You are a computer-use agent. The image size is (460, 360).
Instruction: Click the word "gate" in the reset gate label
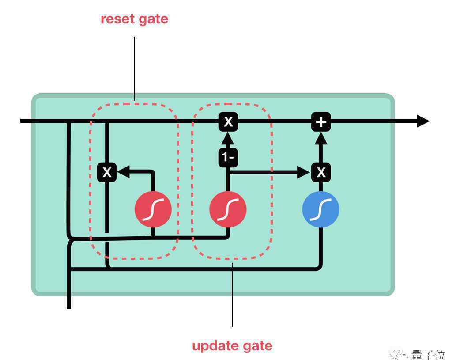tap(154, 20)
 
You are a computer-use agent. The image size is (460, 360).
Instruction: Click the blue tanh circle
tap(320, 209)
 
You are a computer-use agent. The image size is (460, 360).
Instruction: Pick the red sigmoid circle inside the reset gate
tap(153, 209)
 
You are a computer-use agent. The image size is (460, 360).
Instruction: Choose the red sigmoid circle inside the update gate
tap(228, 209)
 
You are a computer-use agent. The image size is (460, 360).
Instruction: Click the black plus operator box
tap(321, 121)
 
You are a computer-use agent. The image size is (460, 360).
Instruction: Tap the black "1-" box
tap(228, 157)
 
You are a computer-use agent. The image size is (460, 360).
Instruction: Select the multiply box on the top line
tap(228, 121)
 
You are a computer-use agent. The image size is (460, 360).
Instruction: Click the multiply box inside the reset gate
tap(107, 172)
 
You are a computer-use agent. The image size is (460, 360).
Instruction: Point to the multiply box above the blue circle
tap(321, 172)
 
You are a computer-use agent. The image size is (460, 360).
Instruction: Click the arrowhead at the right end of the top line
tap(423, 121)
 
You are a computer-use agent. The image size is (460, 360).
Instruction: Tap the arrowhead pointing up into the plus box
tap(321, 138)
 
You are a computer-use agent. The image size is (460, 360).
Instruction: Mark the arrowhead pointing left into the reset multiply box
tap(123, 172)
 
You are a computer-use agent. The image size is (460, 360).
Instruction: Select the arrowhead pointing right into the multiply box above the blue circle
tap(304, 172)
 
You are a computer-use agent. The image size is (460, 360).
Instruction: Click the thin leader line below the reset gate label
tap(134, 69)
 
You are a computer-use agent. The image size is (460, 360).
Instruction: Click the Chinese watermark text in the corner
tap(428, 355)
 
